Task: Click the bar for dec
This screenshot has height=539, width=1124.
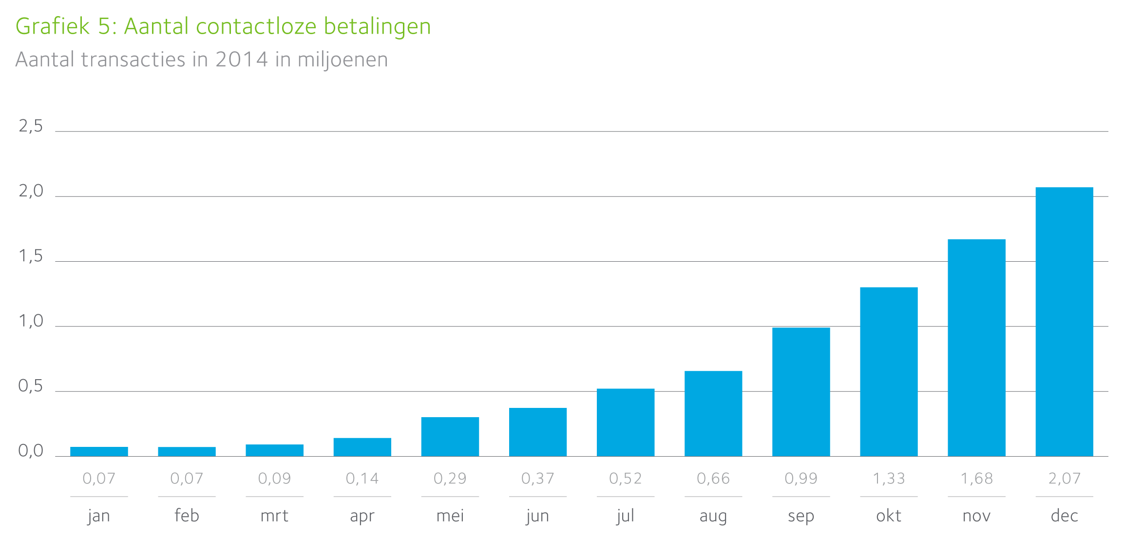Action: click(1064, 322)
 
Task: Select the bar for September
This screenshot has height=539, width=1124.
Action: click(801, 392)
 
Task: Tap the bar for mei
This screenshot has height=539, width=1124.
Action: click(450, 437)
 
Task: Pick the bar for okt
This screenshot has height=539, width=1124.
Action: click(889, 371)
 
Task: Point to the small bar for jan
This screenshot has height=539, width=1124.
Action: click(99, 451)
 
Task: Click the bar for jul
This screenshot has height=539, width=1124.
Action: click(626, 422)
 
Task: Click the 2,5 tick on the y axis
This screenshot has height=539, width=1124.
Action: click(31, 127)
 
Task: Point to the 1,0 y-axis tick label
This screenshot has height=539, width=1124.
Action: click(31, 322)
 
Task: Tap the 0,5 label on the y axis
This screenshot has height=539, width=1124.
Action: click(31, 386)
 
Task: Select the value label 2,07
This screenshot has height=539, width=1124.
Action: click(1064, 479)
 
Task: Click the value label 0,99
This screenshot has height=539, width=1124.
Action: click(801, 479)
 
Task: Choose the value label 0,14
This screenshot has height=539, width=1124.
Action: click(362, 479)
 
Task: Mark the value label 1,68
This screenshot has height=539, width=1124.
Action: click(976, 479)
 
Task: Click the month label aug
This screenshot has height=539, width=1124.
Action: click(713, 516)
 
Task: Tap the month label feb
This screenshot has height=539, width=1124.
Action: click(187, 516)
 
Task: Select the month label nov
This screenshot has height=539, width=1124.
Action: click(976, 516)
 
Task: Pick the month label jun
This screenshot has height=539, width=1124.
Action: click(538, 516)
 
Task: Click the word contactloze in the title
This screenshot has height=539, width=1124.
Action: click(256, 26)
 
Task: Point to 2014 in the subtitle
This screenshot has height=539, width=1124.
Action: click(242, 60)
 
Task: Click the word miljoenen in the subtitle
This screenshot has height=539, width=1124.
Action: click(343, 60)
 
